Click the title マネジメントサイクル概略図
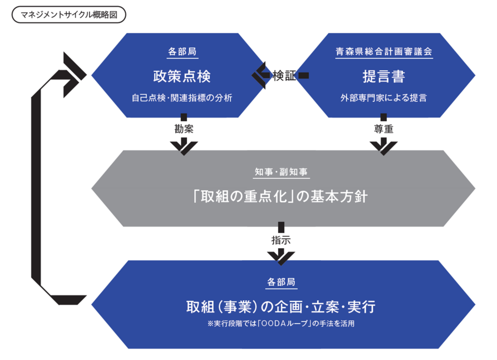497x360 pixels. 69,14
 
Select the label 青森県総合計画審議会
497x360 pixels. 384,52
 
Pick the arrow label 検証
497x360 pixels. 284,76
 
